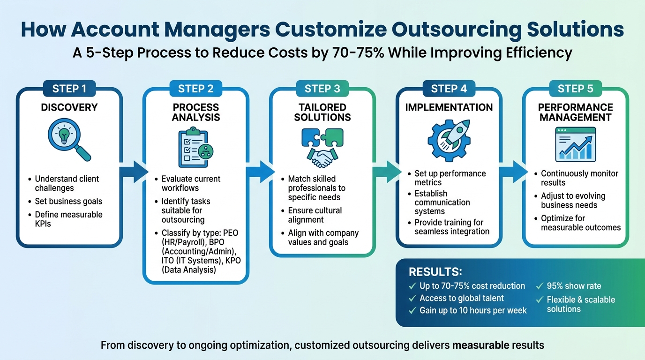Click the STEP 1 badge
pyautogui.click(x=69, y=89)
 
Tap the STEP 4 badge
pyautogui.click(x=449, y=89)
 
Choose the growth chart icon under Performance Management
pyautogui.click(x=575, y=144)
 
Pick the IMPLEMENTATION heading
pyautogui.click(x=449, y=107)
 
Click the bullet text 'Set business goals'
pyautogui.click(x=68, y=202)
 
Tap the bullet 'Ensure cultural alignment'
pyautogui.click(x=315, y=215)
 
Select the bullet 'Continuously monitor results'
pyautogui.click(x=579, y=178)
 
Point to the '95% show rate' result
pyautogui.click(x=574, y=286)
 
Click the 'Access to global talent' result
pyautogui.click(x=462, y=298)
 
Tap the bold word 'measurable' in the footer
pyautogui.click(x=480, y=345)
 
